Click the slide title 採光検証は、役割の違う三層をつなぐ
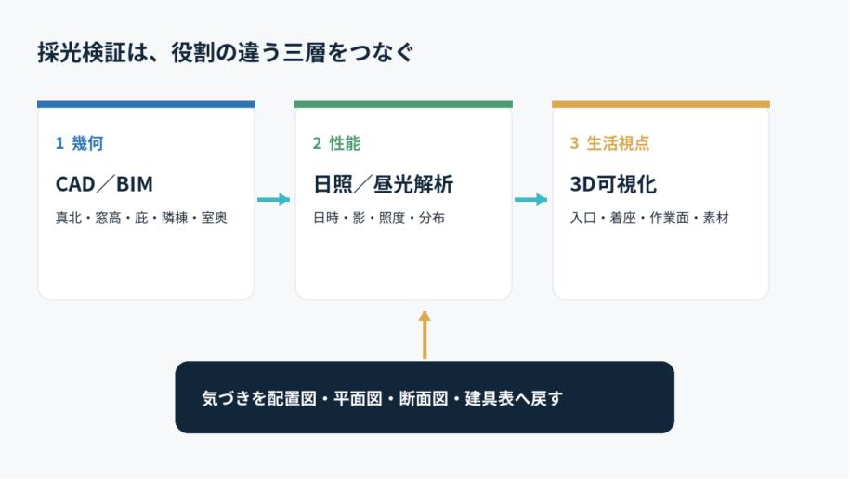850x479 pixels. (x=226, y=53)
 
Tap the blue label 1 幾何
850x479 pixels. (x=79, y=143)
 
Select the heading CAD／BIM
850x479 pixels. (x=104, y=184)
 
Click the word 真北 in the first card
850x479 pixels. (x=69, y=218)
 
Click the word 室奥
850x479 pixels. (x=215, y=218)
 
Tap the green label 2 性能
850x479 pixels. (x=336, y=143)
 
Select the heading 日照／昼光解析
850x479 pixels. (x=384, y=184)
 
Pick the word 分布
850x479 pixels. (x=432, y=218)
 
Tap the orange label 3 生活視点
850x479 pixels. (x=609, y=143)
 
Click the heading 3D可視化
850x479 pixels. (x=613, y=184)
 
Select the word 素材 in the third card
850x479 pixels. (x=715, y=218)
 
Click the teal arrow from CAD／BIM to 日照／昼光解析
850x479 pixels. (x=274, y=200)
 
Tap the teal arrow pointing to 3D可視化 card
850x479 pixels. (x=531, y=200)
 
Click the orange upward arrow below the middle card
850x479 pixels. (x=425, y=335)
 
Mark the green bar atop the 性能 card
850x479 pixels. (x=403, y=104)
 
